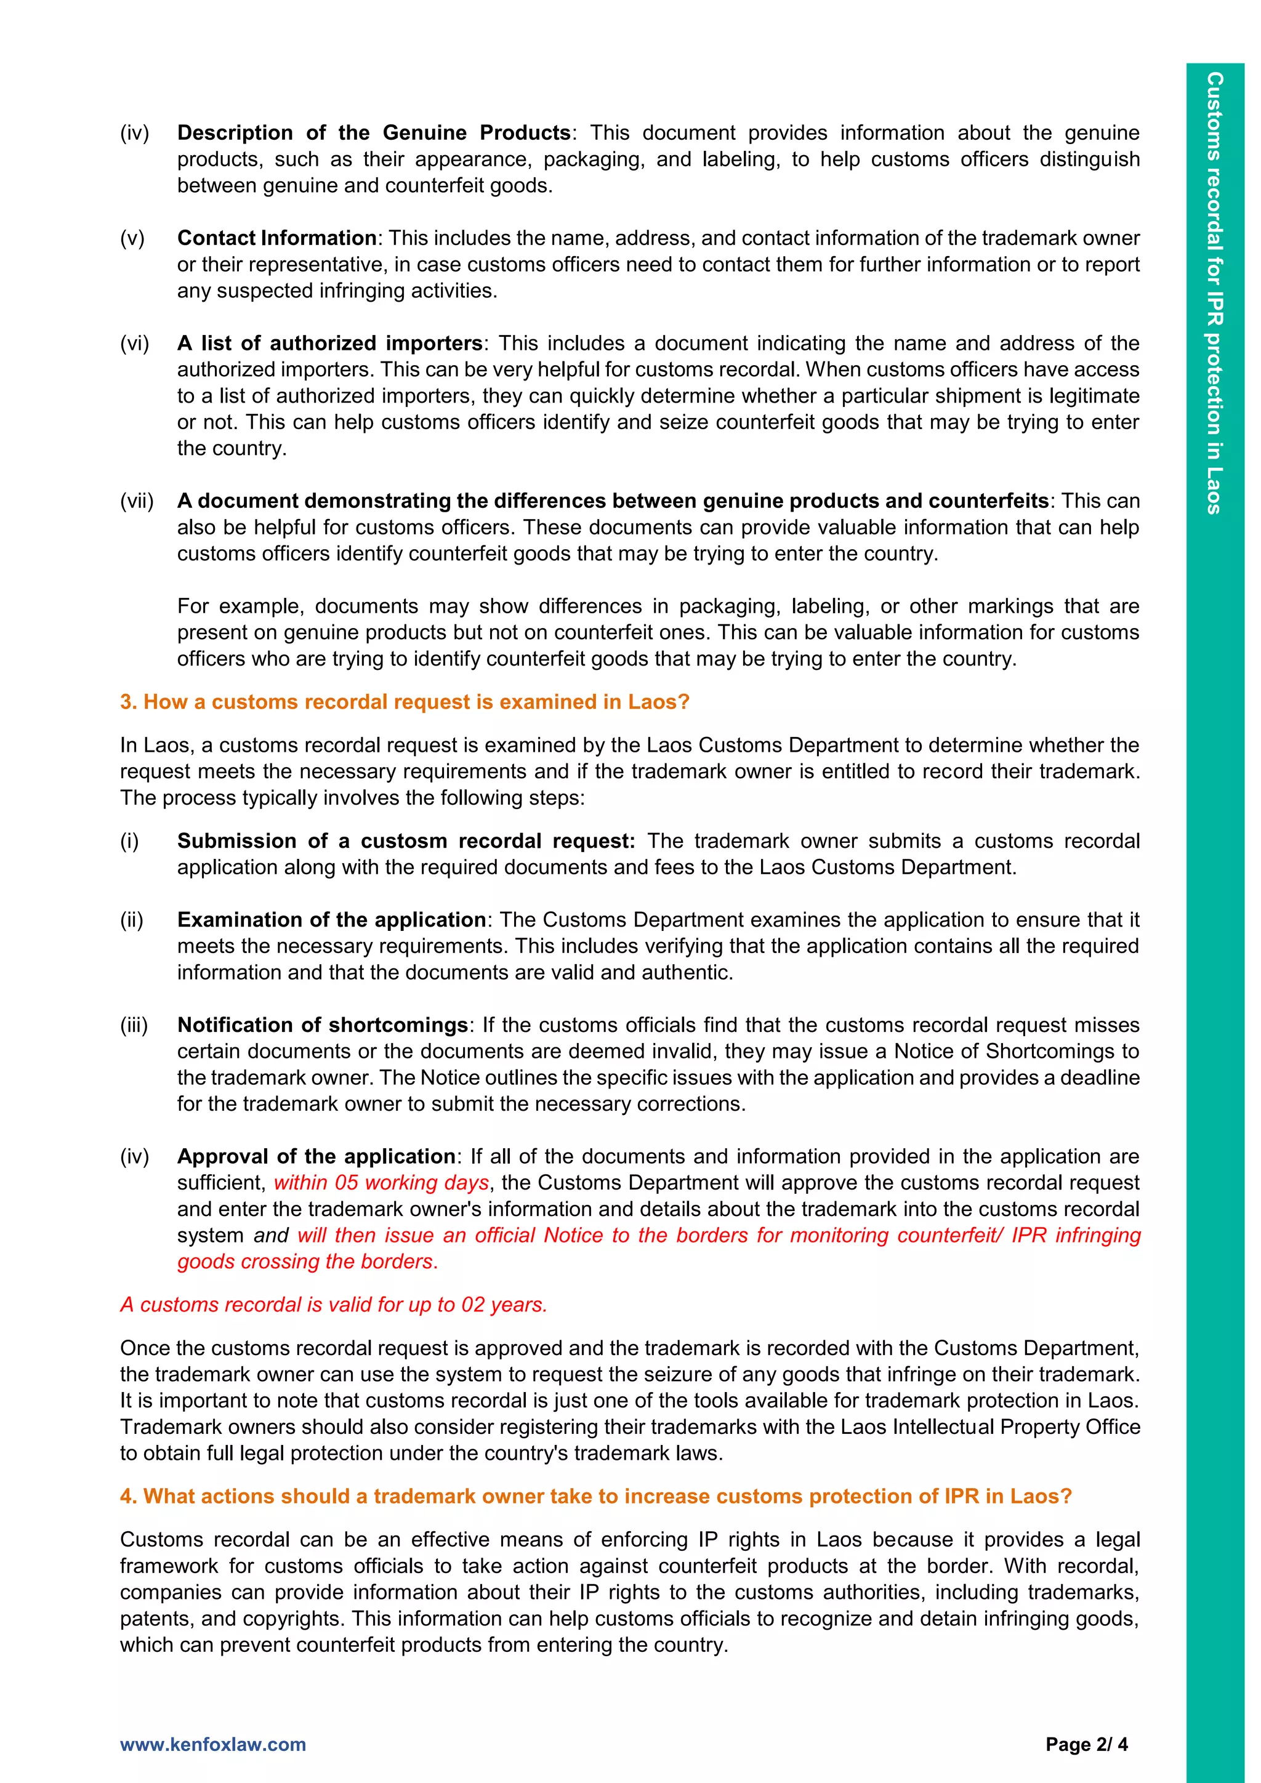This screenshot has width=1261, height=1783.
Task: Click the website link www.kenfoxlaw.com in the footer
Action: click(213, 1744)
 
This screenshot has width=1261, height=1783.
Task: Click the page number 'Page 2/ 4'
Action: click(1086, 1744)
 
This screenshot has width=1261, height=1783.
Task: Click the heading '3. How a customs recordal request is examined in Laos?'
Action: click(405, 702)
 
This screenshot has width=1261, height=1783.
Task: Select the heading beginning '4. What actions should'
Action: click(595, 1497)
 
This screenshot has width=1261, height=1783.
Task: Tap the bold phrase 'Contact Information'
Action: click(276, 238)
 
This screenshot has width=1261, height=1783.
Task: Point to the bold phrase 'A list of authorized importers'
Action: click(330, 344)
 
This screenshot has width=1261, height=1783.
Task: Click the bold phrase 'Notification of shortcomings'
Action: click(322, 1025)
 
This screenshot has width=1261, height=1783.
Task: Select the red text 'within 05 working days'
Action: click(381, 1183)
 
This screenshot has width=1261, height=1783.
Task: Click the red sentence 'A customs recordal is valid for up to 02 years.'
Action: click(334, 1305)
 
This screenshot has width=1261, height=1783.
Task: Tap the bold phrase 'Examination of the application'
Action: click(331, 920)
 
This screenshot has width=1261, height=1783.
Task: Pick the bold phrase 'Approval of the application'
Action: click(316, 1156)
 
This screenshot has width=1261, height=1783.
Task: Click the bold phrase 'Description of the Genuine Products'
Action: click(374, 133)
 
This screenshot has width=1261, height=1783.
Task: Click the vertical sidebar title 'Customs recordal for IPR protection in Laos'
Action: click(1214, 293)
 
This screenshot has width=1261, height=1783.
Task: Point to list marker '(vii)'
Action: click(137, 501)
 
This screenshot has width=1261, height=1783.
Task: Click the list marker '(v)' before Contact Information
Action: click(132, 238)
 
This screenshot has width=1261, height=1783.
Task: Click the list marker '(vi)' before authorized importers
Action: click(134, 344)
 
